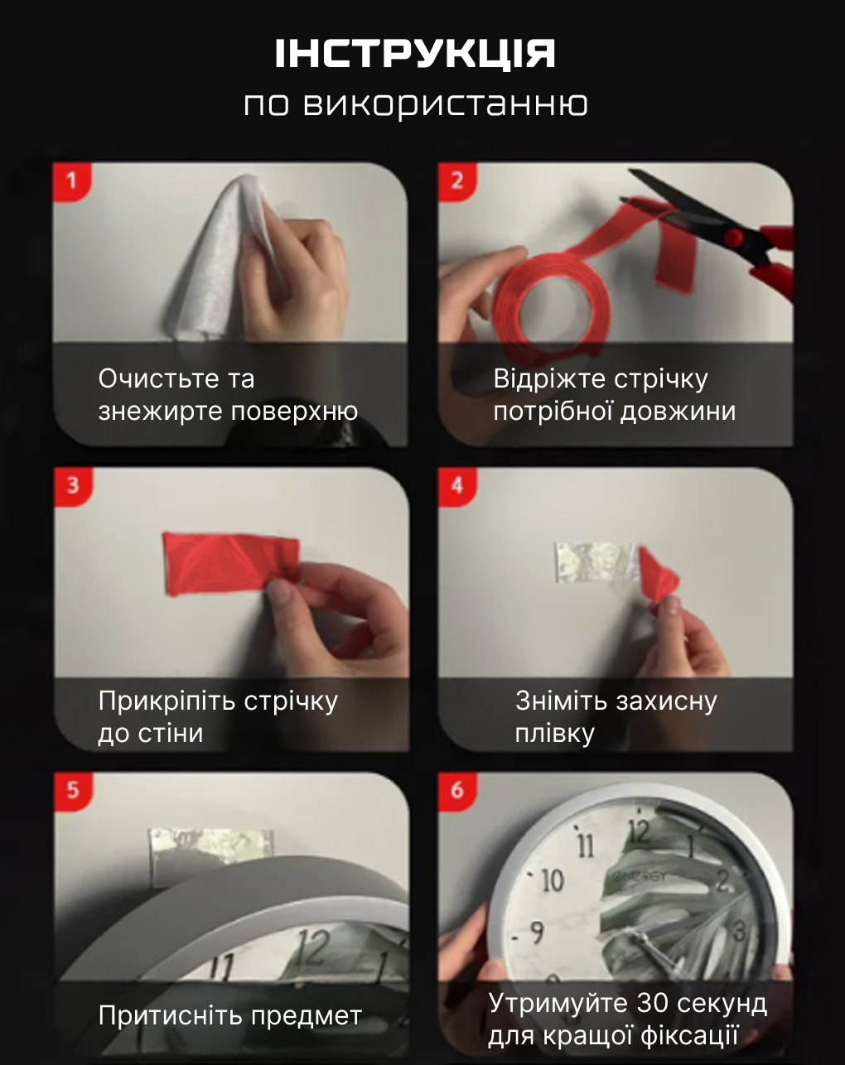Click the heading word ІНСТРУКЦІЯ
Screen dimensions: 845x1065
[415, 54]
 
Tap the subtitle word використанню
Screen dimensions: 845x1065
[445, 104]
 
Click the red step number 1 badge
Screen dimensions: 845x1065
[72, 181]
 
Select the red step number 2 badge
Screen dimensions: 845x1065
[457, 181]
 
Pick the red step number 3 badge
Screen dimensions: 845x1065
[73, 486]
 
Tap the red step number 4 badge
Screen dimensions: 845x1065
[457, 486]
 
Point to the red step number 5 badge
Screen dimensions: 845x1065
[73, 790]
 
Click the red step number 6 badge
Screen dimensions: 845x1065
[457, 790]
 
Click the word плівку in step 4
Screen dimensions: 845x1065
[554, 734]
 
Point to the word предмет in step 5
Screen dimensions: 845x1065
[307, 1017]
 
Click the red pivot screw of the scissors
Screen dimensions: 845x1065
[733, 238]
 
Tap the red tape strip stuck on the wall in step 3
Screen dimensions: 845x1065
[231, 564]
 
